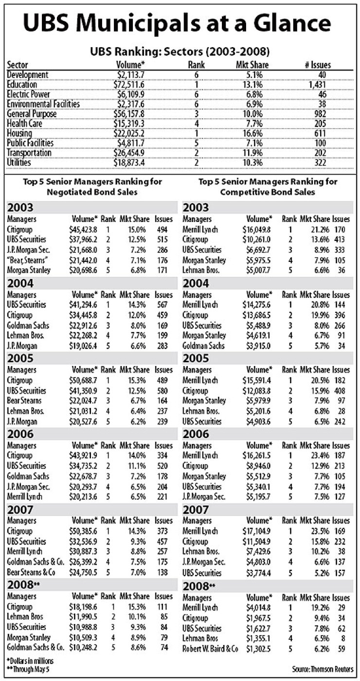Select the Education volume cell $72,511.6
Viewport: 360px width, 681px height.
tap(131, 84)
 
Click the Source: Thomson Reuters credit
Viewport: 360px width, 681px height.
tap(323, 669)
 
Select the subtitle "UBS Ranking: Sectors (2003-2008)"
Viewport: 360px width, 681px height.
tap(180, 51)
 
